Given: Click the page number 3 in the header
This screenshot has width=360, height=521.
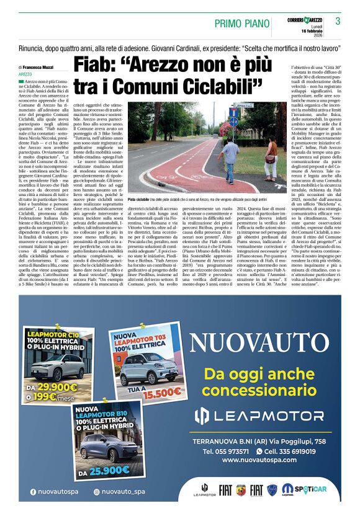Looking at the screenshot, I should coord(338,21).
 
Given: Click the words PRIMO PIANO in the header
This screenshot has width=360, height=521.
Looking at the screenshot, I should coord(241,23).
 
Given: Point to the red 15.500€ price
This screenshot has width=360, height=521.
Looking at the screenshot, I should coord(158,393).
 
